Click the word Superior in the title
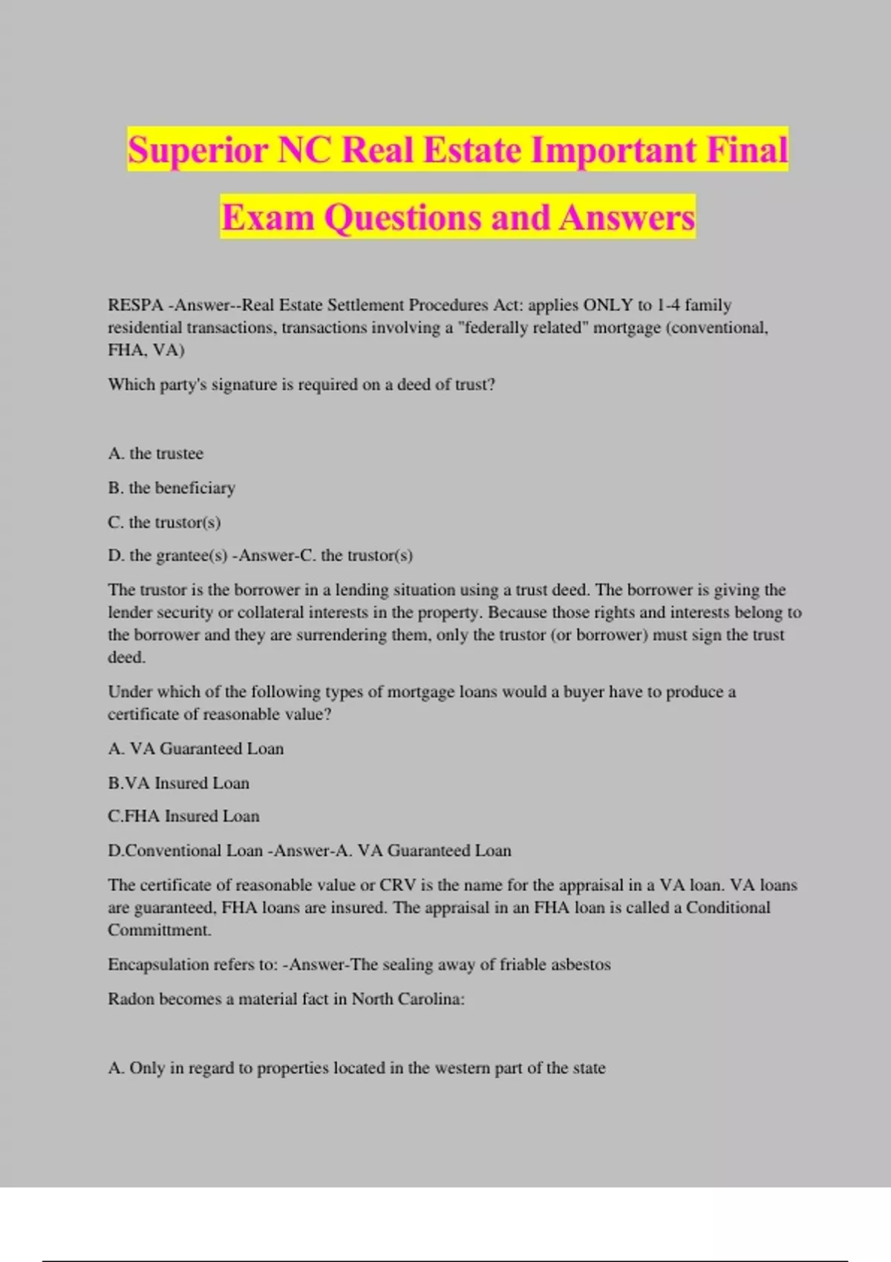point(197,150)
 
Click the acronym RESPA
point(135,305)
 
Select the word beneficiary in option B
point(195,488)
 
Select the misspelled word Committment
point(159,929)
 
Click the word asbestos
point(581,964)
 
